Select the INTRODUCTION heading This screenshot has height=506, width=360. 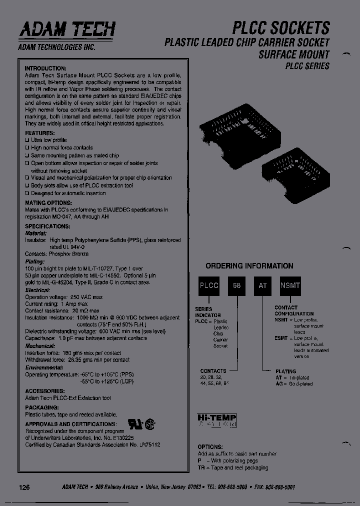click(46, 68)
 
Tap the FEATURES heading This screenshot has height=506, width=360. click(40, 133)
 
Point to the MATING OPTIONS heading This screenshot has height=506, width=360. click(48, 203)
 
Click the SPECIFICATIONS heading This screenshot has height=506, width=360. click(46, 226)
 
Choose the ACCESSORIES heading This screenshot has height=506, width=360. click(44, 390)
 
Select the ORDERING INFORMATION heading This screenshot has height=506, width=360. click(249, 266)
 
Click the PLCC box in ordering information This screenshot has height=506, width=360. click(209, 285)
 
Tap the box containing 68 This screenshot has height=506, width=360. click(237, 285)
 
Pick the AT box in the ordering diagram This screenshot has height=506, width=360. click(262, 285)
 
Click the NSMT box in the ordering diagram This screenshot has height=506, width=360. click(290, 285)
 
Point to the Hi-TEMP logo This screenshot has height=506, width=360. click(217, 420)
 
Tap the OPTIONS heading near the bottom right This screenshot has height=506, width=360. click(210, 446)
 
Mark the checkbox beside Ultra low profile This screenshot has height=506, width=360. click(27, 140)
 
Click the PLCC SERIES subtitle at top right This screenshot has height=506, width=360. click(307, 65)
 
